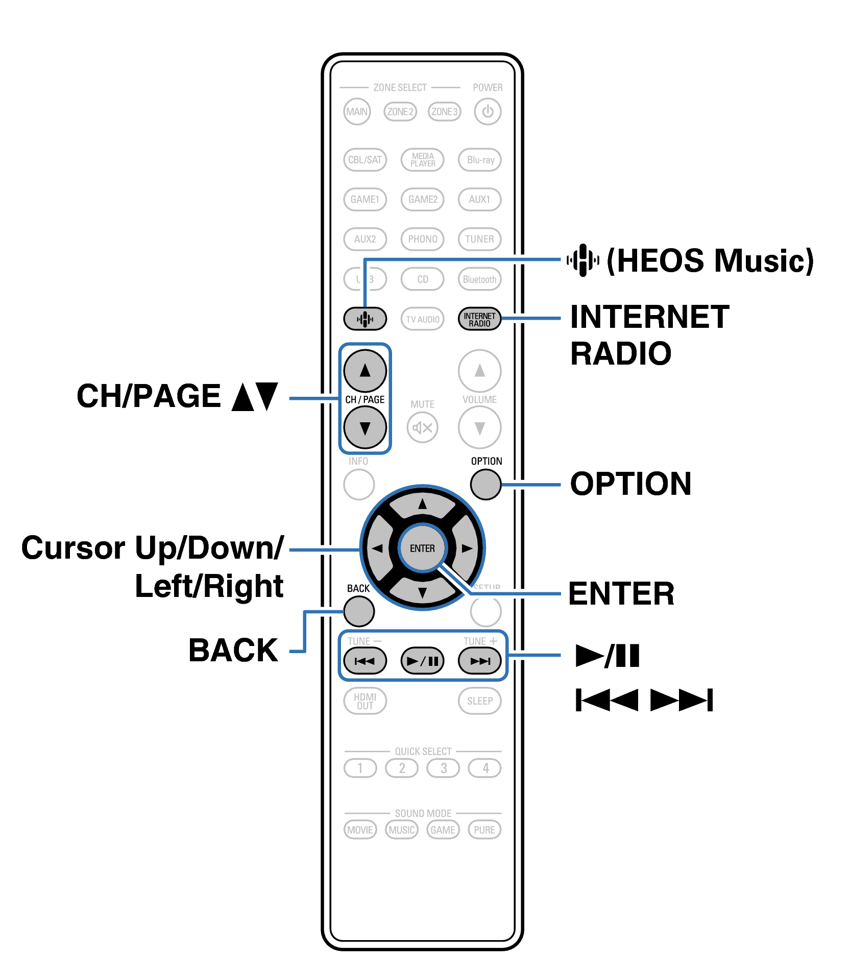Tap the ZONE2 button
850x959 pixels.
click(x=400, y=111)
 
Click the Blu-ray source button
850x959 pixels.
click(x=480, y=160)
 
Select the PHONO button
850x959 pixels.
click(x=422, y=239)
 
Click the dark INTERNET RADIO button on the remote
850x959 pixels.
click(x=479, y=319)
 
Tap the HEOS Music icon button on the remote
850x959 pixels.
click(x=365, y=319)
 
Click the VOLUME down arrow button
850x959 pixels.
click(x=479, y=428)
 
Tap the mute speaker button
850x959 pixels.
click(x=422, y=428)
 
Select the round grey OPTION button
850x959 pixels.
click(x=485, y=484)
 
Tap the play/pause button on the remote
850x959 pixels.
click(x=422, y=661)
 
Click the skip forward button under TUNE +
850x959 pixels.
click(x=479, y=661)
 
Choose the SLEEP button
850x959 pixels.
click(x=479, y=701)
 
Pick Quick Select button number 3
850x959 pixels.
click(x=443, y=768)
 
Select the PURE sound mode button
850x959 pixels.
click(x=484, y=830)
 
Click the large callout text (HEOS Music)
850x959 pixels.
click(x=710, y=260)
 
